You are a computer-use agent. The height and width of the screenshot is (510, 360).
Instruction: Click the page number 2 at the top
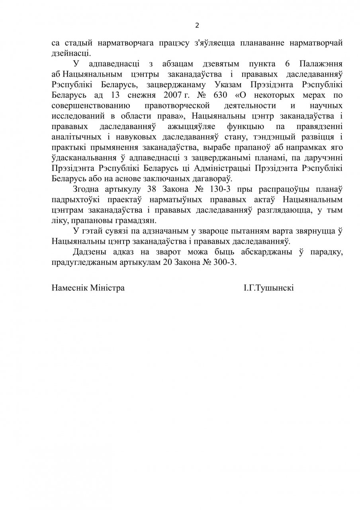point(197,25)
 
